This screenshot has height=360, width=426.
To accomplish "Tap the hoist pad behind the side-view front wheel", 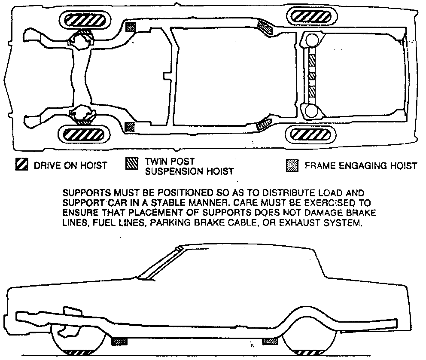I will (119, 342).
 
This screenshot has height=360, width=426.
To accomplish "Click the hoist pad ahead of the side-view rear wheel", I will (270, 342).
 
